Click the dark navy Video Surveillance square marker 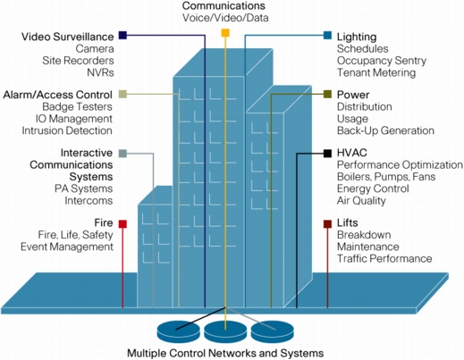click(x=122, y=35)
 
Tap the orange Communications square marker click(x=225, y=33)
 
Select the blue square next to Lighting click(x=328, y=35)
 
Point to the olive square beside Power click(x=328, y=94)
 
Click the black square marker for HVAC click(x=328, y=154)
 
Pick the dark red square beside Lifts click(x=328, y=224)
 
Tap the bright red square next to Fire click(x=122, y=224)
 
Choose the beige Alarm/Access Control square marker click(x=122, y=94)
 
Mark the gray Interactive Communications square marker click(x=122, y=154)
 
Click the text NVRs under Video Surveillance click(x=100, y=72)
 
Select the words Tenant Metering click(x=376, y=72)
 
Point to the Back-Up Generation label click(x=385, y=130)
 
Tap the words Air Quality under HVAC click(x=361, y=201)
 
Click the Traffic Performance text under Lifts click(x=384, y=258)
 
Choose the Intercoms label click(x=89, y=201)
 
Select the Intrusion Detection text click(x=67, y=130)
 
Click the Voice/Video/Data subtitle click(x=225, y=18)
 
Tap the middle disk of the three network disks click(x=225, y=331)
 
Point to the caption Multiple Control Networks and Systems click(x=225, y=354)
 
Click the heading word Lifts click(x=348, y=223)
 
